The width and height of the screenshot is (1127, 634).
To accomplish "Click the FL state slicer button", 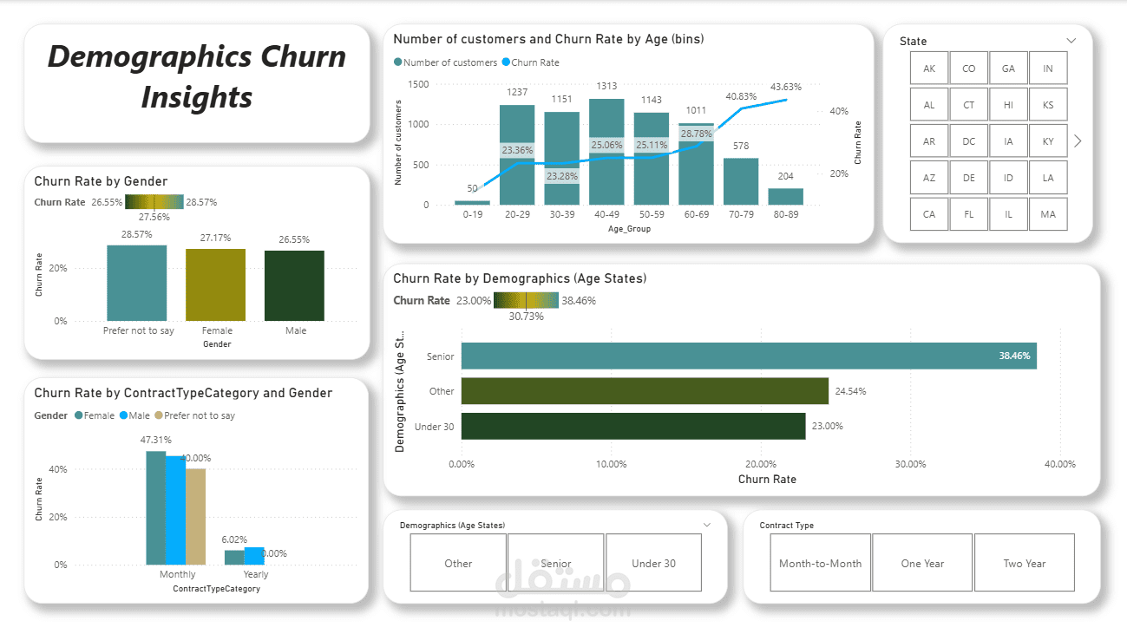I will click(968, 214).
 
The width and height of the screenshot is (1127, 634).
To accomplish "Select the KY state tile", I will click(1048, 141).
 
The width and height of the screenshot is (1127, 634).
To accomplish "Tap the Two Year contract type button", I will click(1025, 563).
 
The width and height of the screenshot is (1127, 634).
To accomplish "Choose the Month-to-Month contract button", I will click(820, 563).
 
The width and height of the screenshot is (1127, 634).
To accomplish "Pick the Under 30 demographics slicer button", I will click(653, 563).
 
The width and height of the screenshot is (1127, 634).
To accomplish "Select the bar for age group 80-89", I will click(785, 196).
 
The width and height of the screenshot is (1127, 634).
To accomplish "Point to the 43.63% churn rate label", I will click(786, 87).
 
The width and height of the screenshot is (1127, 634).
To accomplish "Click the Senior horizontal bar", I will click(748, 356).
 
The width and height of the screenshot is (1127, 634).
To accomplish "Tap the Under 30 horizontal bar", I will click(633, 426).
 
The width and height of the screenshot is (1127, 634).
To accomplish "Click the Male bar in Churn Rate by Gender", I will click(294, 285).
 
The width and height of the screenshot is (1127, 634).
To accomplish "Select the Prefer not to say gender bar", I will click(137, 283).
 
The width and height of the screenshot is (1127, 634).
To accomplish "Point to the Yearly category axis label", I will click(256, 574).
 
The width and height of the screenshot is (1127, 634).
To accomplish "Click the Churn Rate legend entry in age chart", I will click(534, 62).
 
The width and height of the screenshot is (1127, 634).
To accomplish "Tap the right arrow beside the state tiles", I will click(1078, 141).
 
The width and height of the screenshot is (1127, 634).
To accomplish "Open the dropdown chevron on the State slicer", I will click(1071, 41).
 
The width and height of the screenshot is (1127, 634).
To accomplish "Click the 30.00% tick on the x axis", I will click(910, 464).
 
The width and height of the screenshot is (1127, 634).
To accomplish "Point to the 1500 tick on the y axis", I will click(418, 84).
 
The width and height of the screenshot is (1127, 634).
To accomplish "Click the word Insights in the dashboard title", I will click(197, 96).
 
